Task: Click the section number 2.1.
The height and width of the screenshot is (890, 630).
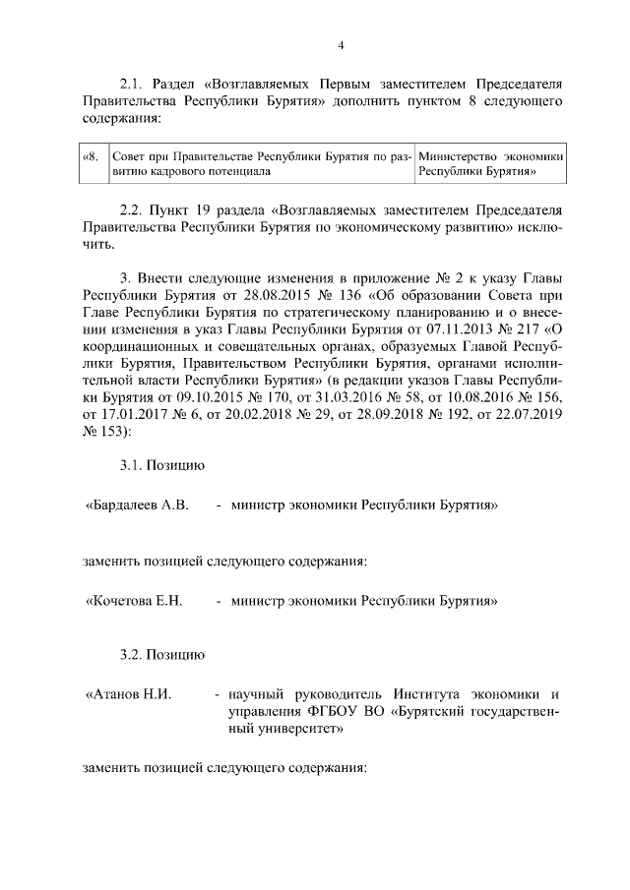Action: (132, 85)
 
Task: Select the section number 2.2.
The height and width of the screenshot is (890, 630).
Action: (132, 210)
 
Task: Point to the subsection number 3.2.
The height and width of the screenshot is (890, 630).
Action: (132, 653)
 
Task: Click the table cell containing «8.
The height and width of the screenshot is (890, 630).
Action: (91, 156)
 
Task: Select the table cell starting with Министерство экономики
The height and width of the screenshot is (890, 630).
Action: (490, 163)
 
